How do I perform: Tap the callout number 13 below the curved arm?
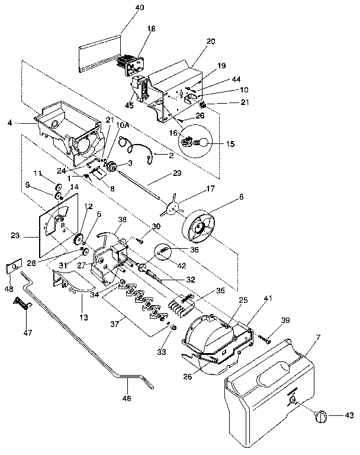point(84,318)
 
